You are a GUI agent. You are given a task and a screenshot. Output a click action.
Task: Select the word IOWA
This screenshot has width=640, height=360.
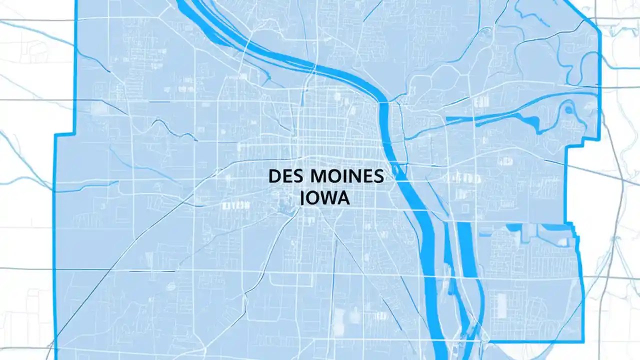325,197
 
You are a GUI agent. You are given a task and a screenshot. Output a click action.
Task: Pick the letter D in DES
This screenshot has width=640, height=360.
274,176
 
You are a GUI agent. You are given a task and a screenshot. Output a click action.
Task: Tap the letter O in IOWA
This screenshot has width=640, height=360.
312,197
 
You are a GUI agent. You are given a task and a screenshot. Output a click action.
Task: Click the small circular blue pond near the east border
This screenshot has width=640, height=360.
568,107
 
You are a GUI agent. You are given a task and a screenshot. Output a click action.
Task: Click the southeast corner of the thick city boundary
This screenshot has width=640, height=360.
583,341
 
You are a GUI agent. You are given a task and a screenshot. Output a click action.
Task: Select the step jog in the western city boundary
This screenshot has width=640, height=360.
64,134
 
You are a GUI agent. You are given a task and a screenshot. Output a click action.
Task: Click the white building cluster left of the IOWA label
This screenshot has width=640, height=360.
236,205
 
